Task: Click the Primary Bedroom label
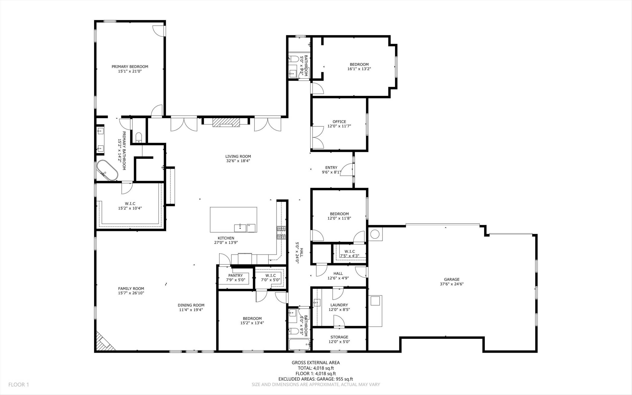[x=130, y=67]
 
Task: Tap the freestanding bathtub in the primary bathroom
[x=107, y=170]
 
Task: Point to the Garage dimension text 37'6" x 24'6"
[x=452, y=284]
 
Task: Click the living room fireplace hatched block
[x=226, y=122]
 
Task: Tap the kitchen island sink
[x=240, y=228]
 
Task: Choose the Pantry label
[x=236, y=275]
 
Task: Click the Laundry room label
[x=339, y=305]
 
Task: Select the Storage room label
[x=339, y=337]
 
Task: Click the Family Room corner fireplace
[x=104, y=341]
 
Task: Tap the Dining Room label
[x=191, y=305]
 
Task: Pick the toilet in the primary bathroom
[x=139, y=137]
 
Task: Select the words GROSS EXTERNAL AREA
[x=316, y=363]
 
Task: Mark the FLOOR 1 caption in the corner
[x=19, y=384]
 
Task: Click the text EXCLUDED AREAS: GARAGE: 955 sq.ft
[x=316, y=379]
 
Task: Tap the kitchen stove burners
[x=281, y=233]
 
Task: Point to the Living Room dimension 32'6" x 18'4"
[x=238, y=161]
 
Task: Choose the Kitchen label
[x=226, y=238]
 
